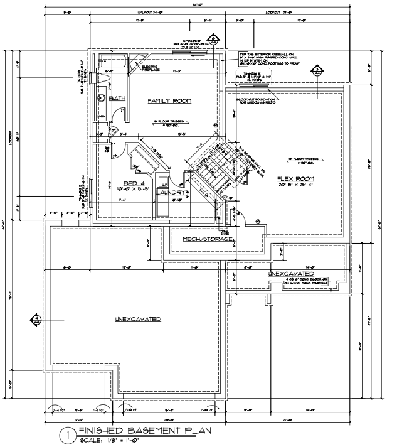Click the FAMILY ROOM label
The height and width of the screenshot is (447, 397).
tap(169, 101)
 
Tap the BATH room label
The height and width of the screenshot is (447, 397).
tap(117, 99)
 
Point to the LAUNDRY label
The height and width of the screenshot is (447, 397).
tap(171, 193)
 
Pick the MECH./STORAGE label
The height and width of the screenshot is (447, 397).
tap(208, 240)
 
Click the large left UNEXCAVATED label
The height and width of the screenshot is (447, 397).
tap(137, 320)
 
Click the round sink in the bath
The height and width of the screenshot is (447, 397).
tap(101, 98)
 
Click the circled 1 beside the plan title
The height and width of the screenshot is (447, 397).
tap(66, 434)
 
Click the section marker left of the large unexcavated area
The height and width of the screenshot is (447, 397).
tap(37, 320)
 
